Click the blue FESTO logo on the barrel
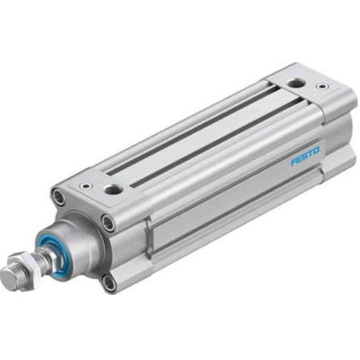305,156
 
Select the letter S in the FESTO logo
305,156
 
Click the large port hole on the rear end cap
295,82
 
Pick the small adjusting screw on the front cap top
84,185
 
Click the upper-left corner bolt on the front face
59,196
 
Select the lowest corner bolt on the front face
108,282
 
